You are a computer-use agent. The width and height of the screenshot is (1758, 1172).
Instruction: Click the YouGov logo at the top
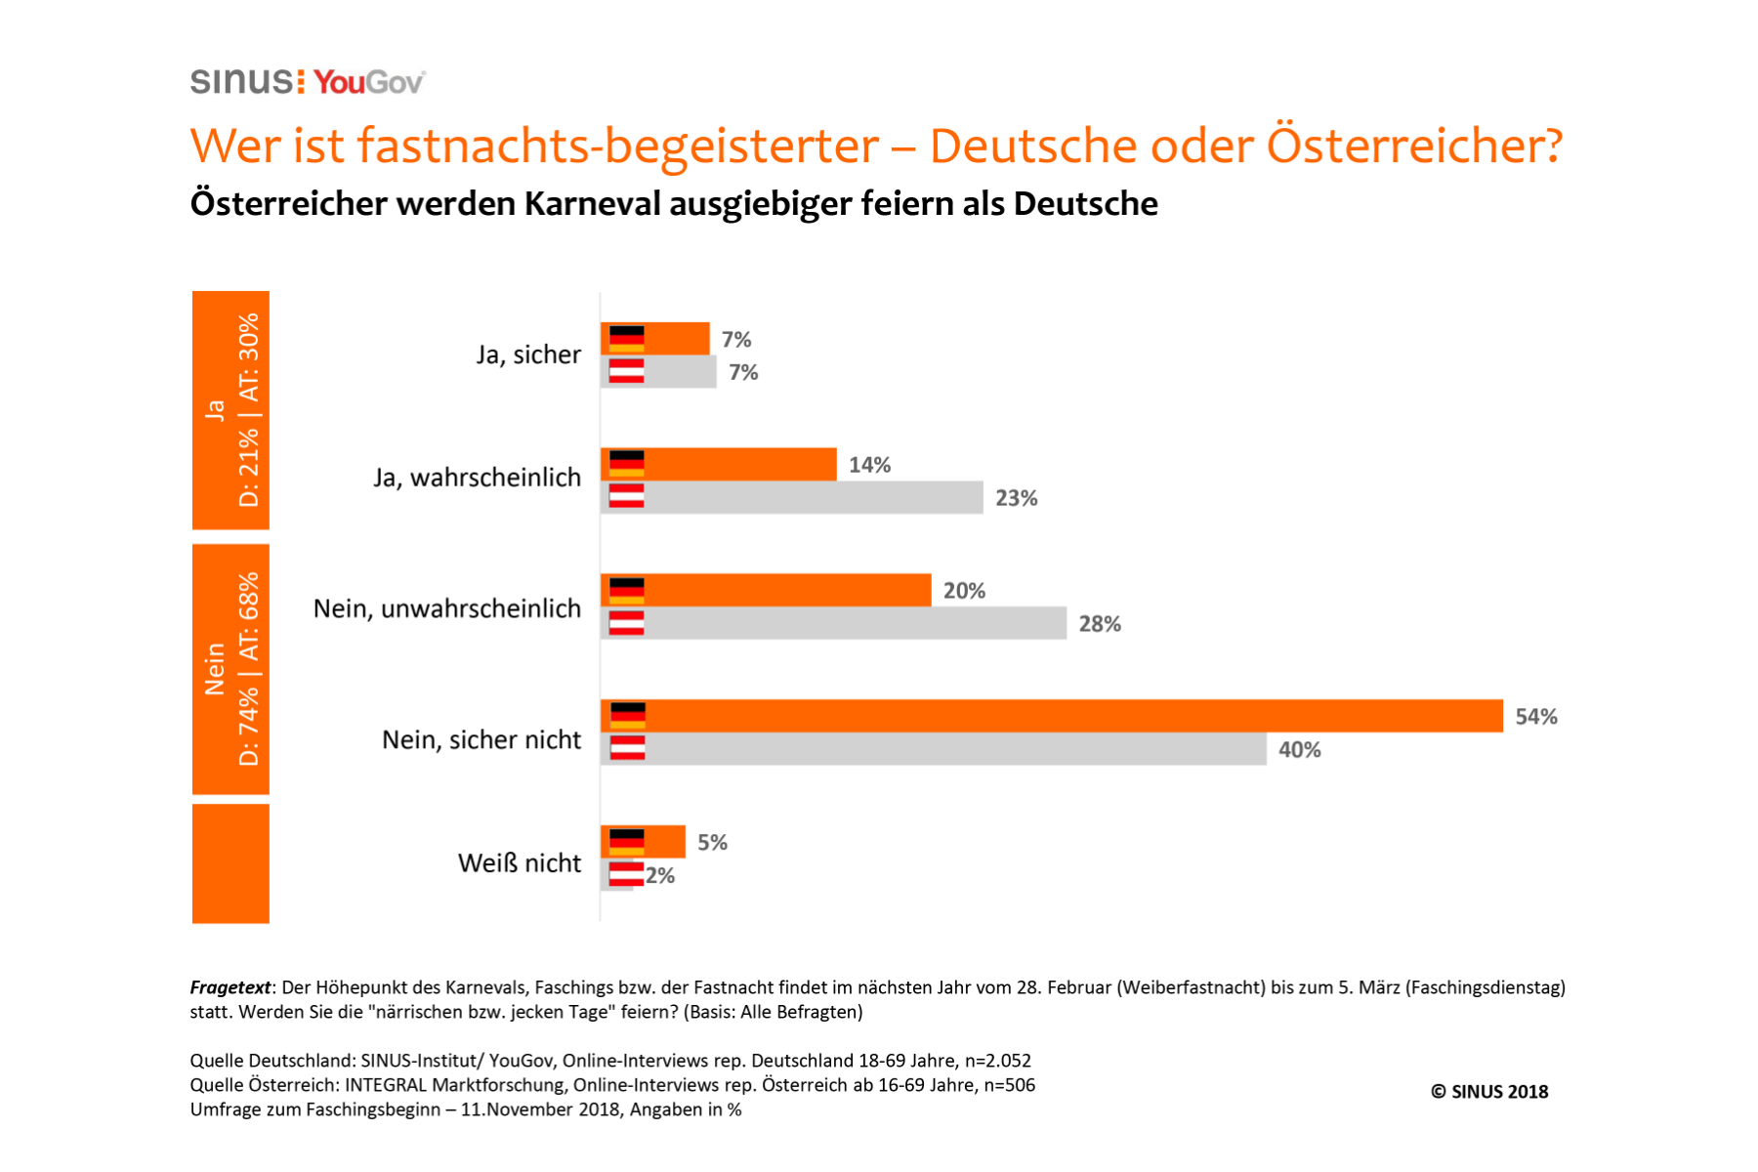click(x=369, y=82)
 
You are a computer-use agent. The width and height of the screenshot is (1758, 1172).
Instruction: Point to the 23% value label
click(x=1016, y=498)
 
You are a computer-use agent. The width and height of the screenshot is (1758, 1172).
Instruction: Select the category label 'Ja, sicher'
click(x=528, y=355)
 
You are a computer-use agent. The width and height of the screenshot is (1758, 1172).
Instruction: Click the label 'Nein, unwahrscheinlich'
click(x=447, y=608)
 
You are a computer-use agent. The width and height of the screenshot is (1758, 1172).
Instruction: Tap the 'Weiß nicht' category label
click(x=520, y=863)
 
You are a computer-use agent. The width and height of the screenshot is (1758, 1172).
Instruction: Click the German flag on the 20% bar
click(x=626, y=590)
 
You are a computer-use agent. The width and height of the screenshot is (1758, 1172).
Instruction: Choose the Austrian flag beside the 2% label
click(x=626, y=874)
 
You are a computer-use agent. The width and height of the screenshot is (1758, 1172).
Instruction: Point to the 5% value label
click(x=712, y=842)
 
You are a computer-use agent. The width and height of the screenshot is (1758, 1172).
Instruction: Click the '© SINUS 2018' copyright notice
click(x=1489, y=1092)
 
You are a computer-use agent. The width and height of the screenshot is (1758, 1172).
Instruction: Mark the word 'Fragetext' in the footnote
click(x=230, y=987)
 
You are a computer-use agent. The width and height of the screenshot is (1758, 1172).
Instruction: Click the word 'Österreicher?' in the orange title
click(x=1414, y=146)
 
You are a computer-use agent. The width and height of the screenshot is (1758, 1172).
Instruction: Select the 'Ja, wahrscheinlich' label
click(x=477, y=478)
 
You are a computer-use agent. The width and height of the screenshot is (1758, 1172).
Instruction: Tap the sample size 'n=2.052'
click(x=997, y=1061)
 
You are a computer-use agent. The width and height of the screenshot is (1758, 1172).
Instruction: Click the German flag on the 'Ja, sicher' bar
click(x=626, y=339)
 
